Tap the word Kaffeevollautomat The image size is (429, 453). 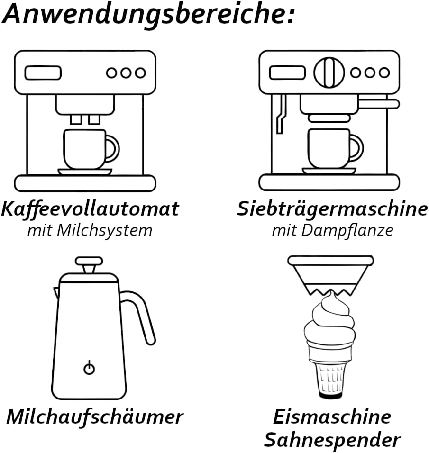pos(90,208)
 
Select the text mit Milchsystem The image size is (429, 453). pos(90,230)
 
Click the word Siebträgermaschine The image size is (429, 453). pos(332,208)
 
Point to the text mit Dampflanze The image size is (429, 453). pos(332,230)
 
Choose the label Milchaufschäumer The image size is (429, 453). pos(94,417)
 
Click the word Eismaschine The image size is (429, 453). pos(332,417)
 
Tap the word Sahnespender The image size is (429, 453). pos(332,440)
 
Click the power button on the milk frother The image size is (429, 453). pos(89,368)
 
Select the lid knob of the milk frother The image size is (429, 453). pos(89,262)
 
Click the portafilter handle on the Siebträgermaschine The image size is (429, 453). pos(379,103)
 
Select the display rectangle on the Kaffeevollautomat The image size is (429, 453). pos(43,72)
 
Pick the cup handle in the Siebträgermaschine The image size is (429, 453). pos(356,147)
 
